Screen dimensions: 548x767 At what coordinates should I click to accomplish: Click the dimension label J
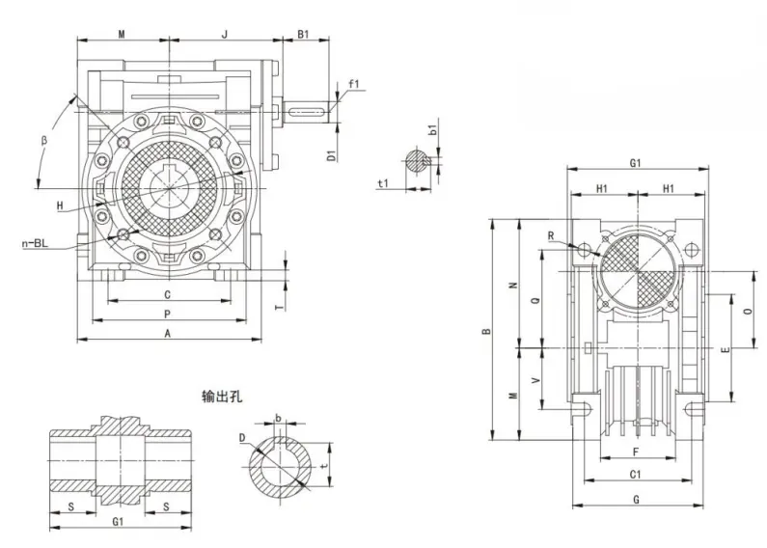224,34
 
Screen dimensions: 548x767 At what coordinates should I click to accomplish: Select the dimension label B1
303,34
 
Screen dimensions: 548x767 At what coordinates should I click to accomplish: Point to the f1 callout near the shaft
354,85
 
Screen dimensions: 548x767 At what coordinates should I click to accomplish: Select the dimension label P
167,315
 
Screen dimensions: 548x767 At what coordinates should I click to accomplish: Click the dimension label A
168,334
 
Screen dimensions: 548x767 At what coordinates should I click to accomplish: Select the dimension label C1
636,475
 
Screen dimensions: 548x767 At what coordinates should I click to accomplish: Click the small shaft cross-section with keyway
416,160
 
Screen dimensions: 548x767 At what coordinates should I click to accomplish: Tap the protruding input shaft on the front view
307,113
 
